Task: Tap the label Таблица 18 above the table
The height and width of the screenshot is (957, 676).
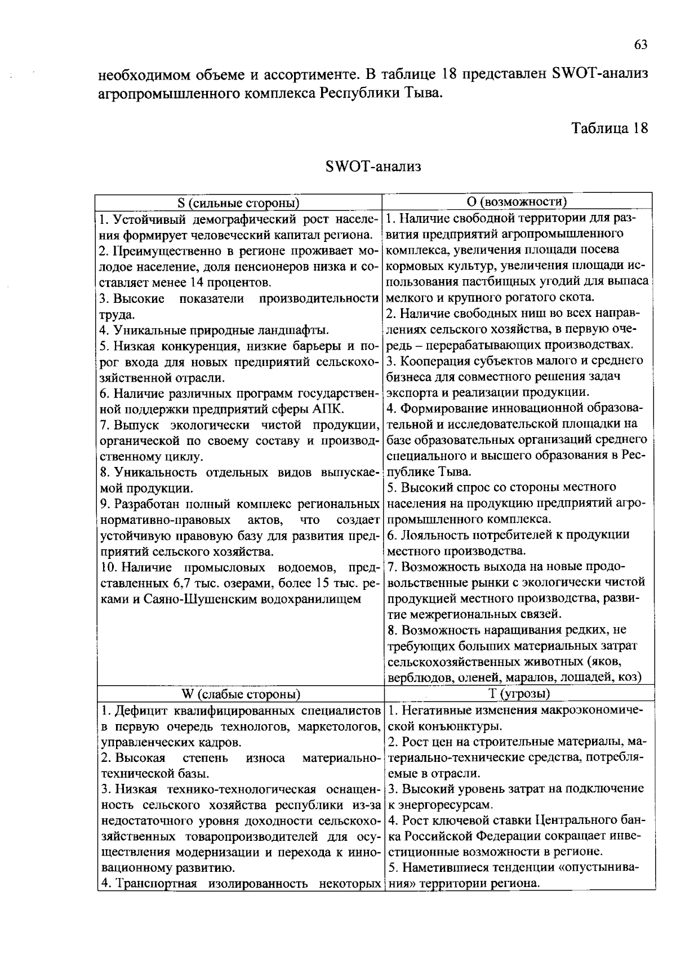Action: click(x=610, y=128)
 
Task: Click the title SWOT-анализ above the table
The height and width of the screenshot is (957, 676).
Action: click(x=373, y=167)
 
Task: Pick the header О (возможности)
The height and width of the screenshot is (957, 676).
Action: click(x=517, y=202)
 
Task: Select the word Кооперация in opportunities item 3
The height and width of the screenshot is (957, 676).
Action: click(x=433, y=360)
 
